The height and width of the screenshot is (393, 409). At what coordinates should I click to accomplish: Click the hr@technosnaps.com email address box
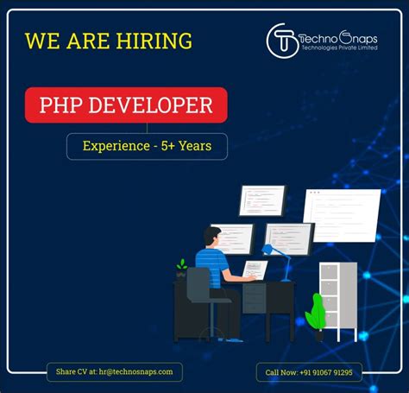115,371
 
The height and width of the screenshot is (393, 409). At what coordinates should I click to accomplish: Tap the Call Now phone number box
309,372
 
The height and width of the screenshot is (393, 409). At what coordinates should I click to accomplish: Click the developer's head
212,236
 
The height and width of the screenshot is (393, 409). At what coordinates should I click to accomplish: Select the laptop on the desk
255,269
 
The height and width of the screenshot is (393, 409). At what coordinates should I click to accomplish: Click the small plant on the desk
181,267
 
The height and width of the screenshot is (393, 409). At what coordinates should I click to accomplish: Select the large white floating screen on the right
341,215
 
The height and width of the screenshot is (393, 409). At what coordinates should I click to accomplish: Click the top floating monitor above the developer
261,200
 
